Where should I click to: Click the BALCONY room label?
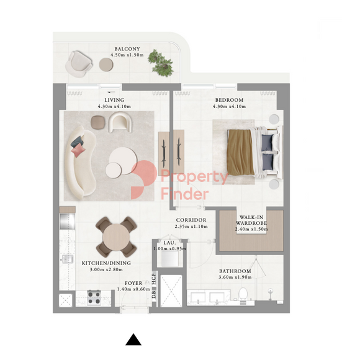point(127,49)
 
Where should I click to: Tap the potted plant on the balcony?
point(161,63)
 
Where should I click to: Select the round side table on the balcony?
point(106,65)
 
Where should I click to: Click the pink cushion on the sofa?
point(78,150)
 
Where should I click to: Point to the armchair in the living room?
point(120,122)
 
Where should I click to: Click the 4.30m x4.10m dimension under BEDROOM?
point(229,107)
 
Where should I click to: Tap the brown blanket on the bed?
point(240,152)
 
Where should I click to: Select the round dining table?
point(116,237)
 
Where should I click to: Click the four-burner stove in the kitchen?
point(94,298)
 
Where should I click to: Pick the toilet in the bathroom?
point(243,295)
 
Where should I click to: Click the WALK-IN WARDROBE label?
point(251,220)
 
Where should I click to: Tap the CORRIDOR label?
point(191,220)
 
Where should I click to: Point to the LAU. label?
point(169,243)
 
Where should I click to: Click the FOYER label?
point(133,283)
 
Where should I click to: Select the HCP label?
point(154,279)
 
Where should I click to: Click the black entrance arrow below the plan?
point(133,340)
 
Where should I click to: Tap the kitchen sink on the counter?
point(67,259)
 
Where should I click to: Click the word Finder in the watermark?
point(184,194)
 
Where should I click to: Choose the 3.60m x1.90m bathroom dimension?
point(235,277)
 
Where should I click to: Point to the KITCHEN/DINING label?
point(106,263)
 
